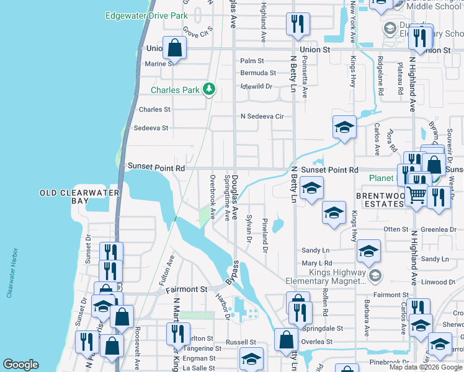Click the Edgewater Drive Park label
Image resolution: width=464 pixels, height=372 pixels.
[146, 15]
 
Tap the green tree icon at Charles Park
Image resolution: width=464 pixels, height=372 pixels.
[210, 89]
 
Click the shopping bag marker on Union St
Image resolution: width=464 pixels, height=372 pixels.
[176, 48]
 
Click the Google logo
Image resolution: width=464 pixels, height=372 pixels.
[20, 365]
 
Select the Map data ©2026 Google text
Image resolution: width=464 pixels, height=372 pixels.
[426, 367]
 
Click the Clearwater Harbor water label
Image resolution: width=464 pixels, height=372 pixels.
[11, 273]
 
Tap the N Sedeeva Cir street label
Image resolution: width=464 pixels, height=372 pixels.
[262, 117]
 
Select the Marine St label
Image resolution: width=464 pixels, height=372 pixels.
[159, 64]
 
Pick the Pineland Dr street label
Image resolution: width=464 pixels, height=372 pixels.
[265, 235]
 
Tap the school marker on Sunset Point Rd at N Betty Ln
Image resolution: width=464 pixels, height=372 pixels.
[311, 188]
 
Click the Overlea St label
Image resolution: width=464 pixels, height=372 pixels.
[316, 342]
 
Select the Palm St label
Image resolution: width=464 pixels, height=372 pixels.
[252, 61]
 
